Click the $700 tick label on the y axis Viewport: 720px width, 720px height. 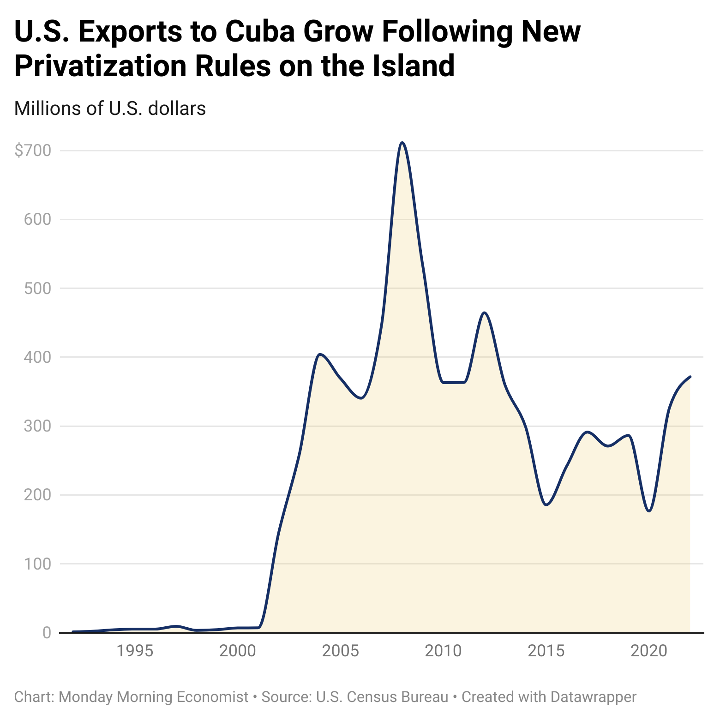(33, 150)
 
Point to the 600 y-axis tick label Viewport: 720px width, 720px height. (37, 219)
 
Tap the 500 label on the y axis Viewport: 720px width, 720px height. (37, 288)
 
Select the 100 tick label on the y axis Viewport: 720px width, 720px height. (37, 564)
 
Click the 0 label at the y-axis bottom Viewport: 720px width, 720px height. (47, 632)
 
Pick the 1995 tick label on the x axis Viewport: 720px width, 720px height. (134, 651)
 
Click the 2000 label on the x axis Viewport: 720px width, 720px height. (237, 651)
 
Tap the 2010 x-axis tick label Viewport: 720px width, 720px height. (443, 651)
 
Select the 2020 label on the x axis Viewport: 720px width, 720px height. (649, 651)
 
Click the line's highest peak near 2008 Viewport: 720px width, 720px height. (402, 143)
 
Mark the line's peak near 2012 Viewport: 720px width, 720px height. (484, 313)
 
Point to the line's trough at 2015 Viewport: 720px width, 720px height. (546, 505)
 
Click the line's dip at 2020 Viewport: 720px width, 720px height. (649, 511)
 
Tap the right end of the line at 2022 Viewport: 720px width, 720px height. (690, 377)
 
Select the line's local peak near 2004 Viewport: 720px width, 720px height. (320, 354)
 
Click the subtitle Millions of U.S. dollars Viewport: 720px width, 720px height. (110, 108)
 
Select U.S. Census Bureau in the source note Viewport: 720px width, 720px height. (382, 696)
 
